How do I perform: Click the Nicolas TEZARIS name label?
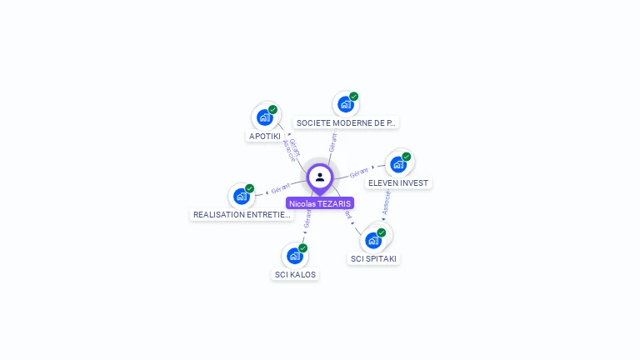tap(320, 203)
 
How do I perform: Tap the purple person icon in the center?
tap(320, 177)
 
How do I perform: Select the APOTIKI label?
tap(265, 136)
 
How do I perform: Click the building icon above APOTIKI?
tap(265, 117)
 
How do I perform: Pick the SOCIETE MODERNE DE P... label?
tap(346, 122)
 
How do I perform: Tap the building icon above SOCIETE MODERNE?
tap(345, 105)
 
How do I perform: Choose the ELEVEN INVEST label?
tap(399, 182)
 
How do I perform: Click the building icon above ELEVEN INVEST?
tap(398, 164)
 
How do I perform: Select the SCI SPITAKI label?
tap(374, 259)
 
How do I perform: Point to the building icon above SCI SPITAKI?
tap(373, 241)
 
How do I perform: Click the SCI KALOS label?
tap(296, 274)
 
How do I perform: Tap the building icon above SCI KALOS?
tap(294, 256)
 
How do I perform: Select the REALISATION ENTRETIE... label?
tap(242, 215)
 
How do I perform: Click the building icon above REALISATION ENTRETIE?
tap(242, 197)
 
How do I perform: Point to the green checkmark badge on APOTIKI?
tap(272, 109)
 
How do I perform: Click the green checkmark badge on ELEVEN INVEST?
tap(407, 157)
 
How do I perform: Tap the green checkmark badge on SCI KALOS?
tap(302, 248)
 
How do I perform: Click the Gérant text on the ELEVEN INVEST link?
tap(359, 172)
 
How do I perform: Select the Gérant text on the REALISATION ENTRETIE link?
tap(281, 187)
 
